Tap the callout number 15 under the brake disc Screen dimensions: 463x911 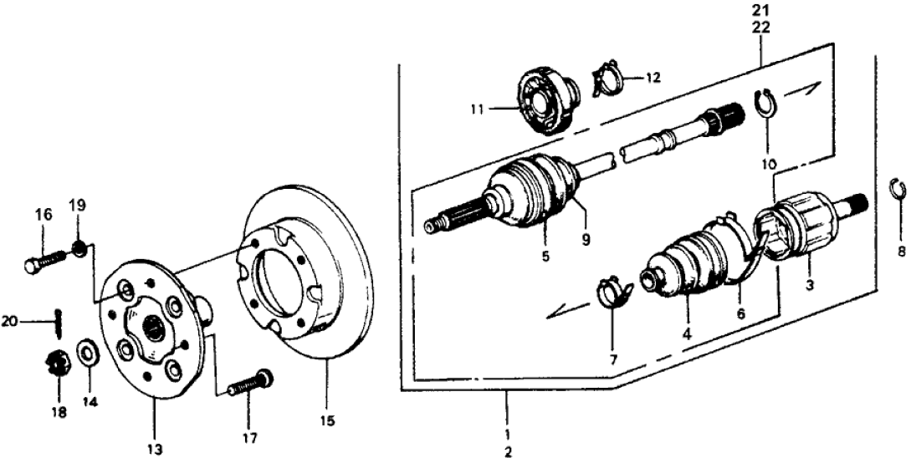[327, 421]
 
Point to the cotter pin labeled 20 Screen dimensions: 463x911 [59, 318]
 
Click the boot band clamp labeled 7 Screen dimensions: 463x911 [612, 293]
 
